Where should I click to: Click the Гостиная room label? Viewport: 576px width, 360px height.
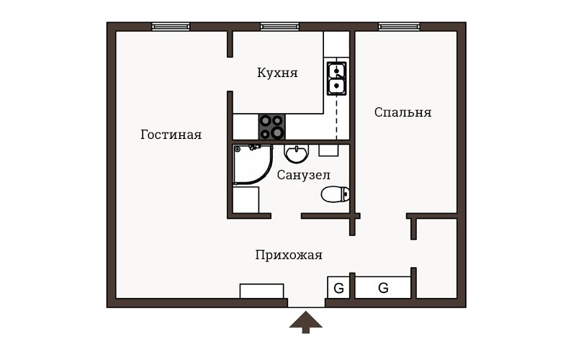coord(171,135)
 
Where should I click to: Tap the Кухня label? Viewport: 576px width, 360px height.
coord(277,73)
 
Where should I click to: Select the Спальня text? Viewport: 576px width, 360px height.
coord(402,112)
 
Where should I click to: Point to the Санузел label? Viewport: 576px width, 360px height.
coord(303,175)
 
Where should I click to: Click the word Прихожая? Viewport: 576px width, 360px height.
coord(289,255)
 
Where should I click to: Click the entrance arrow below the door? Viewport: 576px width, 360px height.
coord(305,322)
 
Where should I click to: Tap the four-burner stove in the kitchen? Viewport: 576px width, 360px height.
coord(272,127)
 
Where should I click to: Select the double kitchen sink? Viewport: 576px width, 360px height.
coord(336,78)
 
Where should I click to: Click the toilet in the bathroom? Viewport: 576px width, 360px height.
coord(335,194)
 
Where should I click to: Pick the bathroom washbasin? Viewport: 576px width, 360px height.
coord(296,153)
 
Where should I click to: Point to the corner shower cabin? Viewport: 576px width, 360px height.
coord(253,164)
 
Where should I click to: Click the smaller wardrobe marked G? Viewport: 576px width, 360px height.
coord(338,287)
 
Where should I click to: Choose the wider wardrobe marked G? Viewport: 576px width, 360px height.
coord(383,287)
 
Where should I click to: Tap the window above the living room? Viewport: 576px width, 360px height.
coord(171,27)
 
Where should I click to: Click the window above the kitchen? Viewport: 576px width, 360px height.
coord(279,27)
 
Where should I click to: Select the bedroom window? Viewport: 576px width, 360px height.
coord(399,27)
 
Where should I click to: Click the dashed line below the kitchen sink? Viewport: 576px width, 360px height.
coord(336,117)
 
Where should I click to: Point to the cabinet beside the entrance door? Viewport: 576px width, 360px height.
coord(261,291)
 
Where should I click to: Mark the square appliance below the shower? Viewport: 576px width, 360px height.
coord(246,199)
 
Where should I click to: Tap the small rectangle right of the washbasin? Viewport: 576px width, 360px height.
coord(328,150)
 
